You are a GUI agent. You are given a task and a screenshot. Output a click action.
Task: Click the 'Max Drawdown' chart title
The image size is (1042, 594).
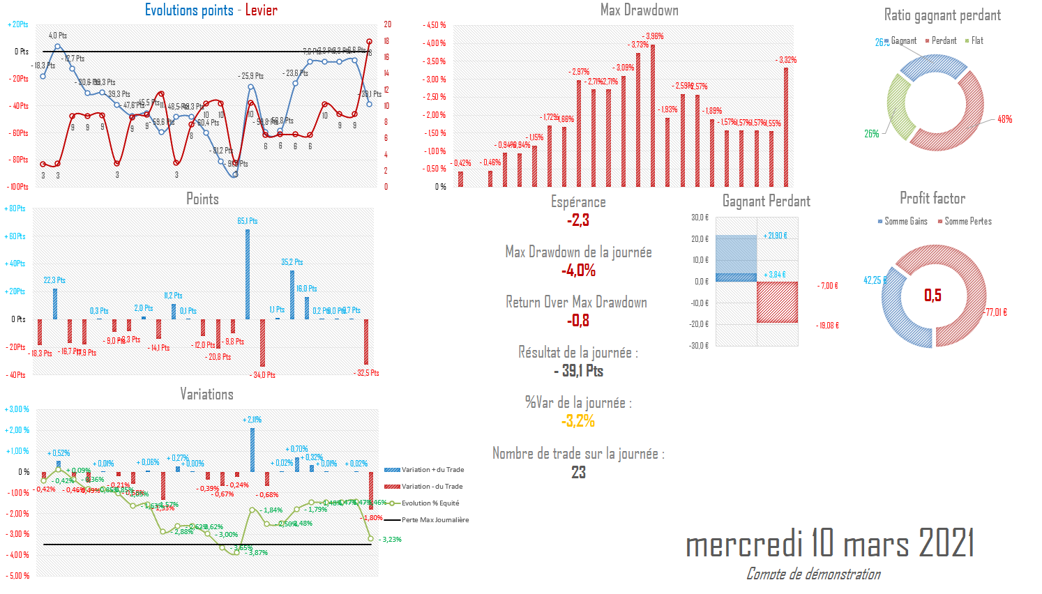639,10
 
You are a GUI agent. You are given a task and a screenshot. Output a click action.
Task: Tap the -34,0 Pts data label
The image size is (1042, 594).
264,375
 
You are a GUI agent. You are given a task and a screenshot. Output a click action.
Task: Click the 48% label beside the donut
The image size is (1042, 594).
1004,119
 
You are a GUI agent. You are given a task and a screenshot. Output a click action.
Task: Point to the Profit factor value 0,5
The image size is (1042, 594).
932,295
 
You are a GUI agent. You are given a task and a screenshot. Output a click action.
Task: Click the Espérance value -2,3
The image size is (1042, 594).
578,220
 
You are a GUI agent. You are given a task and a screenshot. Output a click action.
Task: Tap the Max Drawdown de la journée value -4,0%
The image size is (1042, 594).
578,271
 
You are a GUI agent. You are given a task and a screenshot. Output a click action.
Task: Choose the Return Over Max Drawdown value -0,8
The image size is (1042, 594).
578,321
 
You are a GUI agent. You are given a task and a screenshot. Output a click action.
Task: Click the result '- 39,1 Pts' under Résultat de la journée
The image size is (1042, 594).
578,371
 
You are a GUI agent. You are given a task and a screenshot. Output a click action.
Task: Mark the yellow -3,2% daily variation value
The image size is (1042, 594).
578,421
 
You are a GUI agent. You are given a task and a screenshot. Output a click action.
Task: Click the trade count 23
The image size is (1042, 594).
578,472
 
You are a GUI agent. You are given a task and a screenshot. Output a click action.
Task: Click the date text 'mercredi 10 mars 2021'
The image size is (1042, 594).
829,543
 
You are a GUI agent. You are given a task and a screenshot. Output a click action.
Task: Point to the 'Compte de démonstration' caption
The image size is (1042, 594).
813,574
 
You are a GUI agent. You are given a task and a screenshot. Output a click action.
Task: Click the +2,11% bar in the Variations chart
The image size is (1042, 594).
252,450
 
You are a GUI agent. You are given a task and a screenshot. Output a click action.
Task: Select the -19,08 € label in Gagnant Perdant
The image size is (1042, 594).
828,326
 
